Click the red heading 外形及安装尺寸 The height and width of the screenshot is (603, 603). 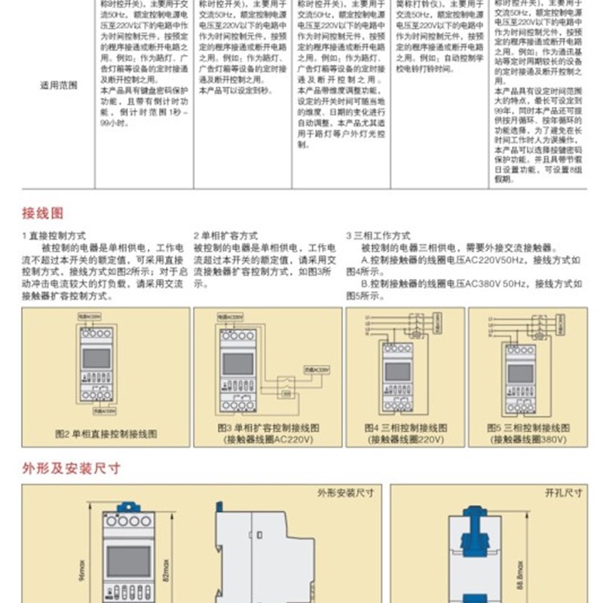[x=71, y=467]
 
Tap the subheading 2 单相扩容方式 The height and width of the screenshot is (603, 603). [x=225, y=235]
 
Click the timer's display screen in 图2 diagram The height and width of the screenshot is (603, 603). [x=96, y=359]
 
